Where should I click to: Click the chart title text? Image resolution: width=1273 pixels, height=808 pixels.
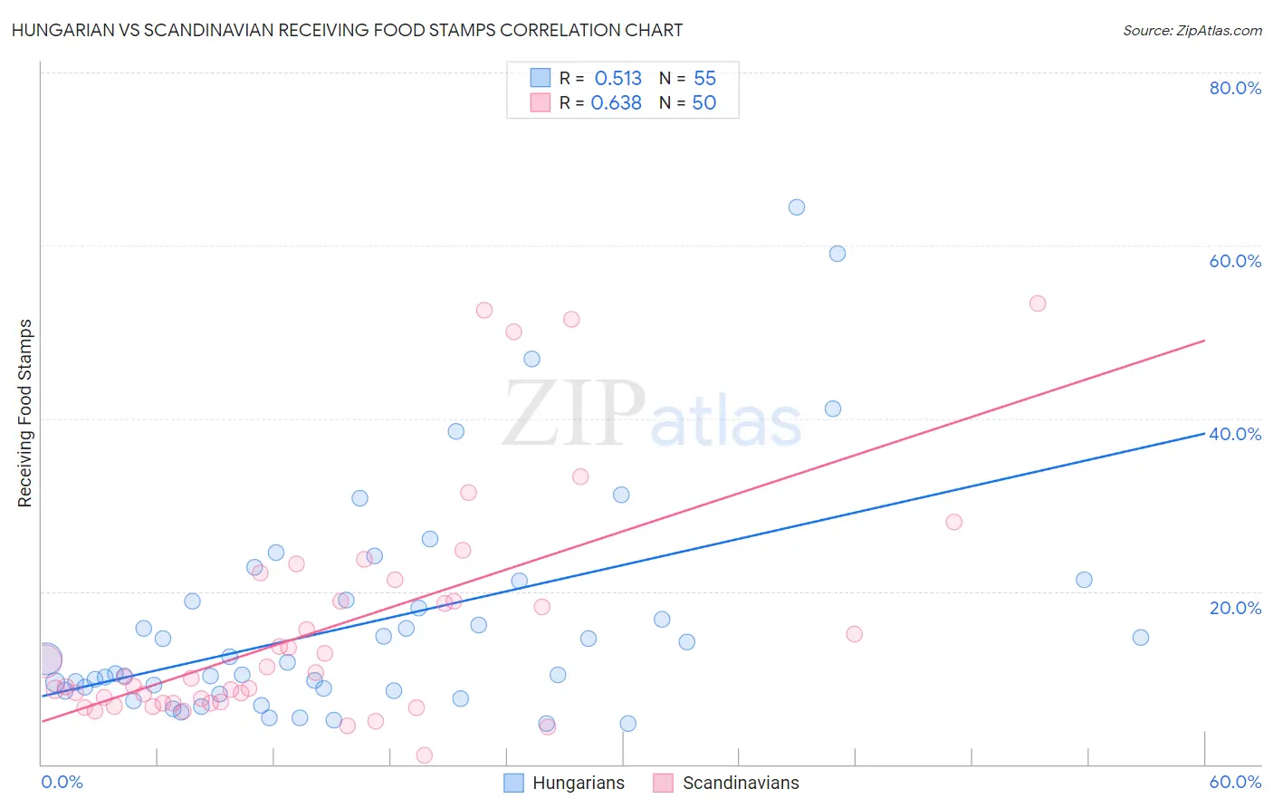point(347,30)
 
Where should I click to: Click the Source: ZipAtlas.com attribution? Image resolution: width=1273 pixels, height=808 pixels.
point(1192,31)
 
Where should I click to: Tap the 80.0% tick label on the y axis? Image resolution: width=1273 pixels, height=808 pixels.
point(1235,88)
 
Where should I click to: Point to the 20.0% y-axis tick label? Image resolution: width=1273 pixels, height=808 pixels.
point(1235,608)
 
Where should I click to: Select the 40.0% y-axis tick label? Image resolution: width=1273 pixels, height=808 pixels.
point(1235,434)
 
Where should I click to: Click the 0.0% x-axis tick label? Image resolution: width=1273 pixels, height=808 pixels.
point(62,782)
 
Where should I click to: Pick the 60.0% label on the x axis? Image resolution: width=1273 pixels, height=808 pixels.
point(1235,782)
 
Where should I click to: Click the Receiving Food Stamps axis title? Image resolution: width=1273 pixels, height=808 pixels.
point(25,413)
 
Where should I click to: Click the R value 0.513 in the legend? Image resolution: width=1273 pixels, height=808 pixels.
point(617,79)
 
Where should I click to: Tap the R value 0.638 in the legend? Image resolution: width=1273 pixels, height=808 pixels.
point(616,103)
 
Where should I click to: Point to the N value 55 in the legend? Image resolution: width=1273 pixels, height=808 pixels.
point(704,79)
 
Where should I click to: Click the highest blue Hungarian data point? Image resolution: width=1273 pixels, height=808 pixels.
point(797,207)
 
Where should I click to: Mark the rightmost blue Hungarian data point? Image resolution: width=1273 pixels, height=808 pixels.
point(1141,638)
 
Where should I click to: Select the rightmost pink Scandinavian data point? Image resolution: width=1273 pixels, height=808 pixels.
point(1038,303)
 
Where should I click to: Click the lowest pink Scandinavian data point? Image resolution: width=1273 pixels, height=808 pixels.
point(424,755)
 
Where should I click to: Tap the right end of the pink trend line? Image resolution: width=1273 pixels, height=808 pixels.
point(1205,340)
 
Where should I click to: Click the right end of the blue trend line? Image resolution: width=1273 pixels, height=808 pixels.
point(1205,433)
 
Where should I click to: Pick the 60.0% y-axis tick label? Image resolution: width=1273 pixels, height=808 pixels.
point(1235,261)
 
